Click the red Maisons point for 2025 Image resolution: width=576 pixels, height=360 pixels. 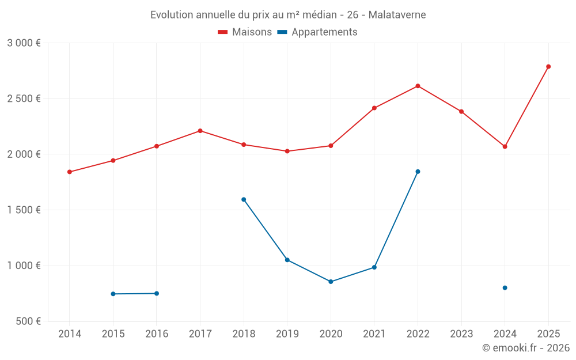coord(548,67)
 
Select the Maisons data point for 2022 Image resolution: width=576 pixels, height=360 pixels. coord(418,86)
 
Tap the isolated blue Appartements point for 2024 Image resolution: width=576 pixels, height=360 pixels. coord(505,287)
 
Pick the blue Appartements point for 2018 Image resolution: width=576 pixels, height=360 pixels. coord(244,199)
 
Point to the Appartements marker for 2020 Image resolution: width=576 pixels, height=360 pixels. coord(331,282)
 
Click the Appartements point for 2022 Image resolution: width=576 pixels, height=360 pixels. coord(418,172)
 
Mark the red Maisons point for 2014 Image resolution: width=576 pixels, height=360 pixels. coord(70,172)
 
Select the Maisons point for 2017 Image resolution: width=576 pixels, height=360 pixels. coord(200,131)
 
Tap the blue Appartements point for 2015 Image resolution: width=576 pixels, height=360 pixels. coord(113,294)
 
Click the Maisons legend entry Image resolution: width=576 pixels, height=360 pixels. coord(245,32)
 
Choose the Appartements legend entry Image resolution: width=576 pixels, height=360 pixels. coord(317,32)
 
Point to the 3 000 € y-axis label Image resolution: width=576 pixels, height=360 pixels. coord(24,43)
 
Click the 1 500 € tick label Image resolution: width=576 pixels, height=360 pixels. coord(24,210)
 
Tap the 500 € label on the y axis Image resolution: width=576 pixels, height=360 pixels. coord(28,321)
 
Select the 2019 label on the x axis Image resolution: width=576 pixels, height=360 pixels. coord(287,334)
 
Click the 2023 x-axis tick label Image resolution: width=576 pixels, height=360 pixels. coord(461,334)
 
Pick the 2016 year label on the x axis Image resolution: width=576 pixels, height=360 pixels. coord(157,334)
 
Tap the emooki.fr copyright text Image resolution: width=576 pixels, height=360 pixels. coord(525,348)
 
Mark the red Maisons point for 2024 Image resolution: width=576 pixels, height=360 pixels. coord(505,146)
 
